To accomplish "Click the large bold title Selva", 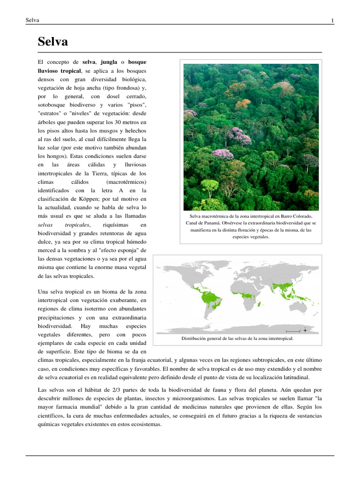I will coord(52,42).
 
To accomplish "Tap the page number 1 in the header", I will coord(332,20).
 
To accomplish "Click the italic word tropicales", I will coord(77,225).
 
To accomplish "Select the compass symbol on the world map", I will coord(305,330).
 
